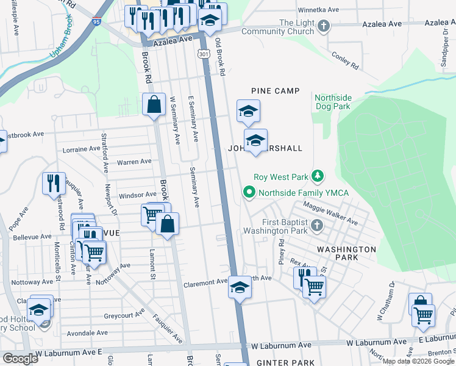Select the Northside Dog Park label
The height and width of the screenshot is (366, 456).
(x=332, y=102)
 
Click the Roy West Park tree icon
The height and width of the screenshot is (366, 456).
(x=317, y=177)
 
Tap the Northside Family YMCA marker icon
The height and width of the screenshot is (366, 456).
(x=249, y=193)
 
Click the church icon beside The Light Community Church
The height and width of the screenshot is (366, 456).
(x=324, y=26)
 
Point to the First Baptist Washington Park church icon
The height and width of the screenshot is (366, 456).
(x=316, y=226)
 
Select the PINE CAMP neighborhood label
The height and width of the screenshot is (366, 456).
(x=276, y=91)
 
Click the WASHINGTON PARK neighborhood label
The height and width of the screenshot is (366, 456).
(x=346, y=254)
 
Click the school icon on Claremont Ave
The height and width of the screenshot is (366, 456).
(x=240, y=287)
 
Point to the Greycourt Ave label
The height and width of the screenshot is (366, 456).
(x=124, y=315)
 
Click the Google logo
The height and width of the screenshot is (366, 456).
(x=20, y=359)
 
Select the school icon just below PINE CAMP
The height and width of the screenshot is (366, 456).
(x=248, y=112)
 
